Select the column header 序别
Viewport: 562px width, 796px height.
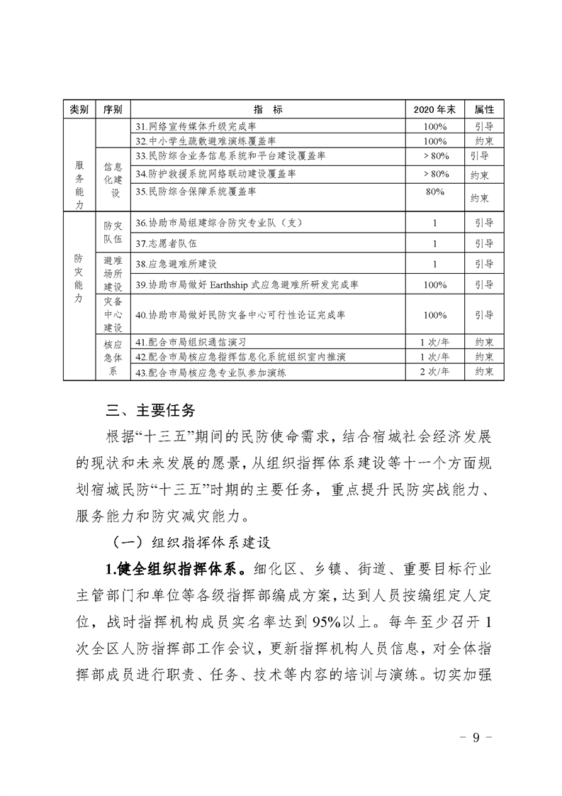click(112, 110)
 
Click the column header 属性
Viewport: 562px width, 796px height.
click(484, 110)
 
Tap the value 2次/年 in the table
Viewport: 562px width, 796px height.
click(434, 371)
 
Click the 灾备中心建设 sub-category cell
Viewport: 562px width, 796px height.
click(112, 314)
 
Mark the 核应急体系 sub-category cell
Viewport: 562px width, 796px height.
click(112, 358)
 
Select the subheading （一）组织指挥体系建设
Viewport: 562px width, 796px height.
click(186, 542)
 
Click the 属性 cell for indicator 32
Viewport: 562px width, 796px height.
click(484, 140)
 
